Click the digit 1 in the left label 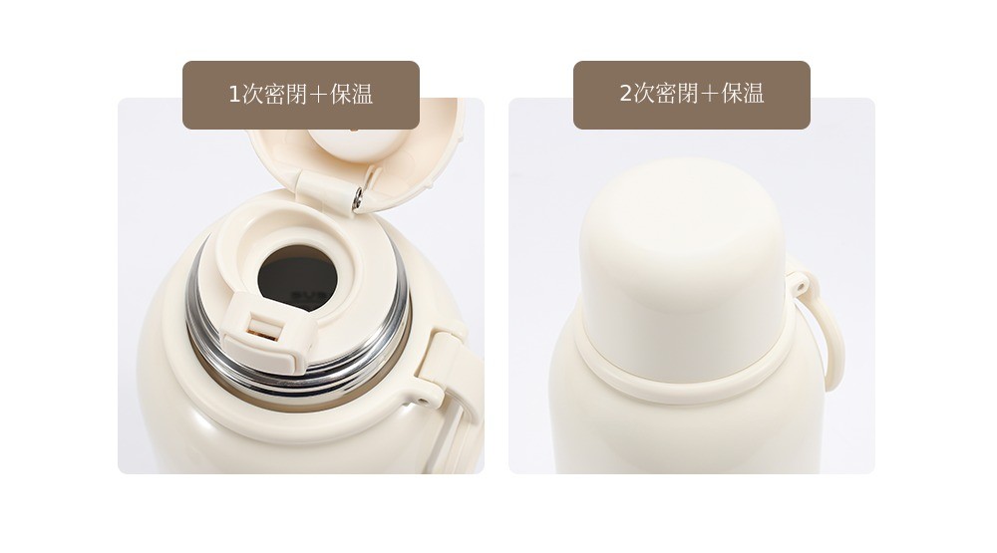click(234, 95)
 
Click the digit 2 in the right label click(626, 94)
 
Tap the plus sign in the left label click(320, 95)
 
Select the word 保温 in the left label click(352, 95)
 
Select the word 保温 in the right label click(743, 94)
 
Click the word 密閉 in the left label click(285, 95)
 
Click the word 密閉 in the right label click(677, 94)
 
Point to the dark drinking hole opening click(297, 278)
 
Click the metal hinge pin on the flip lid click(357, 197)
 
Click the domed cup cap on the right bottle click(684, 268)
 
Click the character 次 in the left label click(252, 95)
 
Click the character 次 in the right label click(643, 94)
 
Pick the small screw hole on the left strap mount click(422, 402)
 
